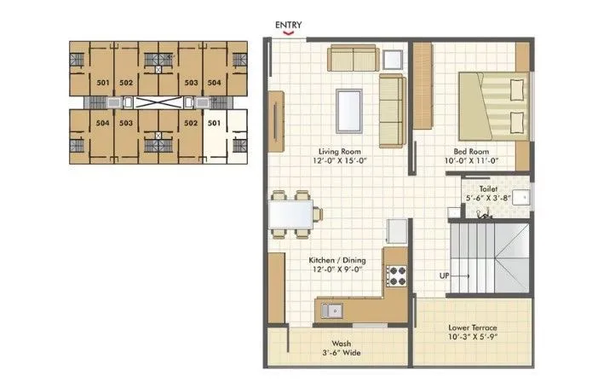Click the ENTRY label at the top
click(x=290, y=25)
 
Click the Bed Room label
click(x=470, y=150)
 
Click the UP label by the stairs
click(x=445, y=276)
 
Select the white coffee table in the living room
click(x=348, y=106)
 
